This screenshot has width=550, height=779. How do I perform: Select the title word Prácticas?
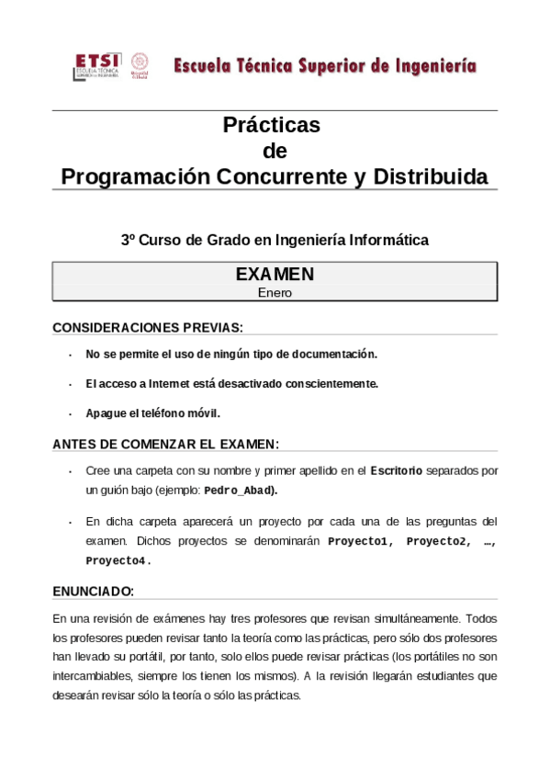tap(272, 125)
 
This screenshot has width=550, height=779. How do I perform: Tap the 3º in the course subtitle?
tap(129, 241)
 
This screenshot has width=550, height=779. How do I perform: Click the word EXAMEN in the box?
tap(275, 274)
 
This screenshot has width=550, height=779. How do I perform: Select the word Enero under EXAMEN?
tap(275, 293)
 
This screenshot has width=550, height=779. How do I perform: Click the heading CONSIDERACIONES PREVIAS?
tap(148, 327)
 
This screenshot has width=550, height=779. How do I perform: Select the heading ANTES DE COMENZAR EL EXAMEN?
tap(165, 445)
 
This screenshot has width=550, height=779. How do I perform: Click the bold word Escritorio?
tap(396, 471)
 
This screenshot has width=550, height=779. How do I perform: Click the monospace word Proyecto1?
tap(360, 541)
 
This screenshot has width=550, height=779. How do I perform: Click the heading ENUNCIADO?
tap(93, 591)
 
